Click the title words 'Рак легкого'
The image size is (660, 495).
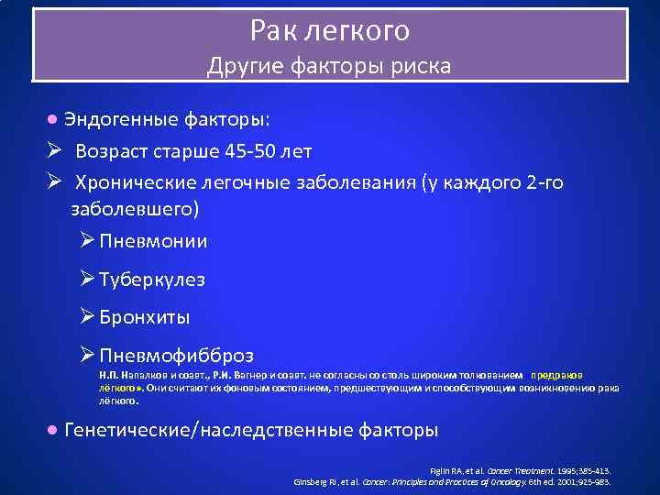click(330, 31)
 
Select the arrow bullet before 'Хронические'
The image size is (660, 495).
click(53, 181)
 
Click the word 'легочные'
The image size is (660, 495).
click(251, 182)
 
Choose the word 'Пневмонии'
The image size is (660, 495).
click(153, 242)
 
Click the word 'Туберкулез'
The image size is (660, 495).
click(152, 280)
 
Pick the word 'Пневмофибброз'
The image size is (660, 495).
click(176, 355)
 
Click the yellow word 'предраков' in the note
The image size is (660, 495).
click(555, 375)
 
